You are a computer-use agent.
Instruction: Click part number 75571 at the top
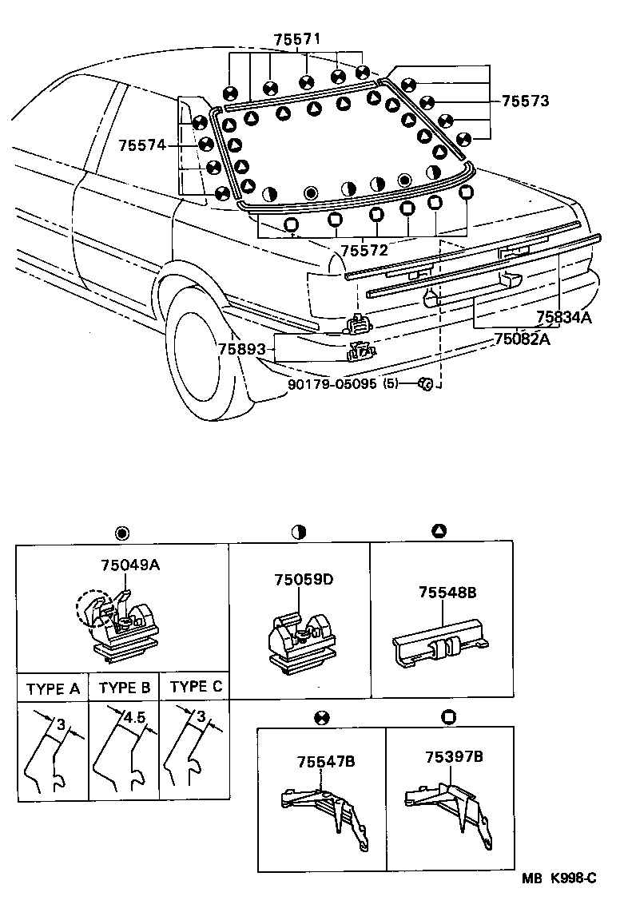click(296, 38)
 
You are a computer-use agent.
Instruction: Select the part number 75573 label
click(526, 101)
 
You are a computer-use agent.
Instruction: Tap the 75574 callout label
click(141, 145)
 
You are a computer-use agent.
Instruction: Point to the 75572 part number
click(364, 250)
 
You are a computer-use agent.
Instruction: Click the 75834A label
click(564, 317)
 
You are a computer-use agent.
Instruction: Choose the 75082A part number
click(522, 337)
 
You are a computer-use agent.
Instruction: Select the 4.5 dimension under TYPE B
click(133, 716)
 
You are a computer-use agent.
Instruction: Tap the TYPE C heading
click(197, 687)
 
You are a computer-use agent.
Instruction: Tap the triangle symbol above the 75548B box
click(439, 532)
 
